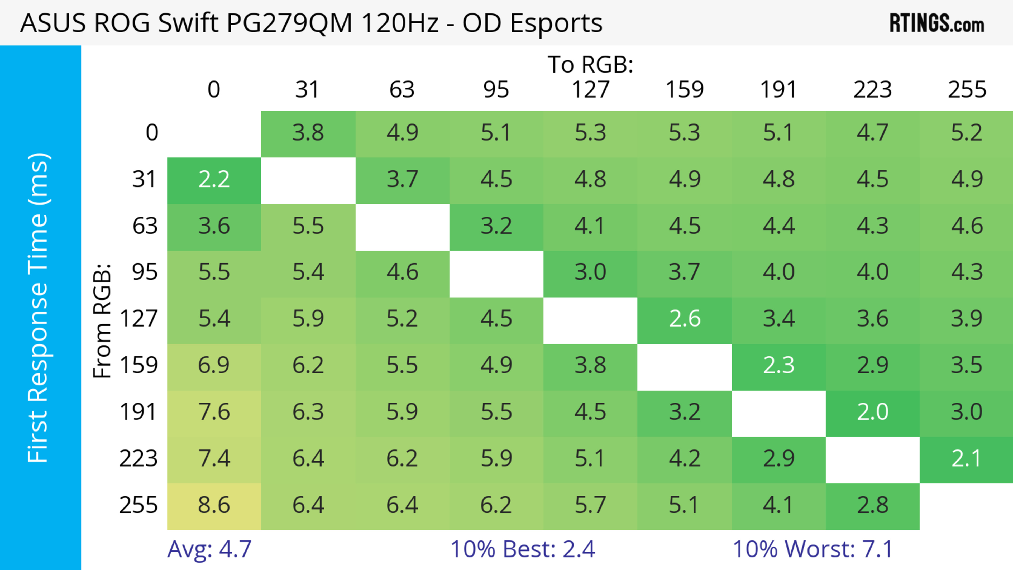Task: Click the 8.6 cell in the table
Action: pos(214,505)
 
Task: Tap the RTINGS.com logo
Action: pos(937,23)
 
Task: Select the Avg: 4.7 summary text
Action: pos(209,549)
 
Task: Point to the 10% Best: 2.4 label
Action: pos(522,549)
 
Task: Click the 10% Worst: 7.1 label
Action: pos(813,549)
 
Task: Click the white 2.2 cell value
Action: pos(214,180)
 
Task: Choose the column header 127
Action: pos(590,90)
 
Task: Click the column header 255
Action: pos(967,90)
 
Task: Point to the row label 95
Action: pos(145,272)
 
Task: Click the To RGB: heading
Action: pos(590,64)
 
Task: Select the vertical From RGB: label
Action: pos(102,321)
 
